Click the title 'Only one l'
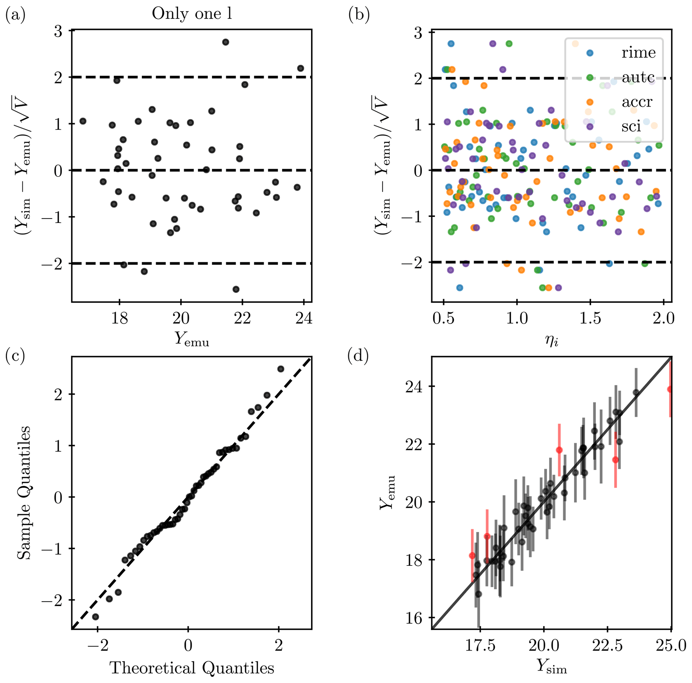pyautogui.click(x=191, y=14)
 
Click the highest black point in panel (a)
pyautogui.click(x=225, y=42)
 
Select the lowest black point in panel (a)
pyautogui.click(x=236, y=289)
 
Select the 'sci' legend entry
pyautogui.click(x=631, y=126)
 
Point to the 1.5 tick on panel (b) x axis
pyautogui.click(x=590, y=318)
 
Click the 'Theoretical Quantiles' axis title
pyautogui.click(x=191, y=667)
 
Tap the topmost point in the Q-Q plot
pyautogui.click(x=281, y=369)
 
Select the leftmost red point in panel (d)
pyautogui.click(x=472, y=555)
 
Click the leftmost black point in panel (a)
pyautogui.click(x=83, y=121)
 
